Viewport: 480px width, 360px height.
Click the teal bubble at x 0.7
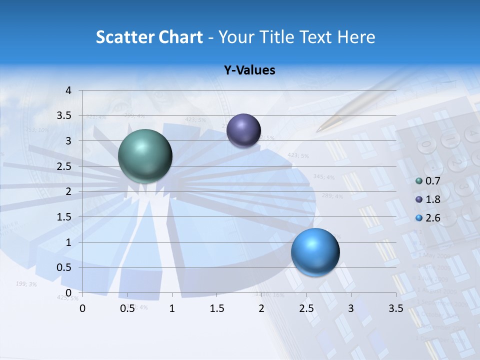[145, 156]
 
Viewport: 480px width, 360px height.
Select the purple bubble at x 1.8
[243, 130]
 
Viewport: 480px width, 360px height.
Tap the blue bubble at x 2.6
[315, 252]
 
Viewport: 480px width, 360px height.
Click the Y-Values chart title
[249, 70]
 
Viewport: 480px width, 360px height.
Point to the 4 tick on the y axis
[68, 90]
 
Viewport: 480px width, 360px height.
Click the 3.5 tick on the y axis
[65, 115]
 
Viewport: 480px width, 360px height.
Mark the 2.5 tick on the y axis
[65, 166]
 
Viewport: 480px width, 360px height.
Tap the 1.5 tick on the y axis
[65, 216]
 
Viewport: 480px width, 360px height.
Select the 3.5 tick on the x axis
[395, 308]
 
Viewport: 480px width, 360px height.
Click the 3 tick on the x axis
[351, 308]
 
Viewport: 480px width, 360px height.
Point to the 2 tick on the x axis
[261, 308]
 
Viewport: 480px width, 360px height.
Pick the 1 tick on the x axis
[172, 308]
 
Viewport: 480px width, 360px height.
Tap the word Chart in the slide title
[180, 37]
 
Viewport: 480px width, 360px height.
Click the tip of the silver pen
[317, 131]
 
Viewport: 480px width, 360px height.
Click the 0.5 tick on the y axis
[65, 267]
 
